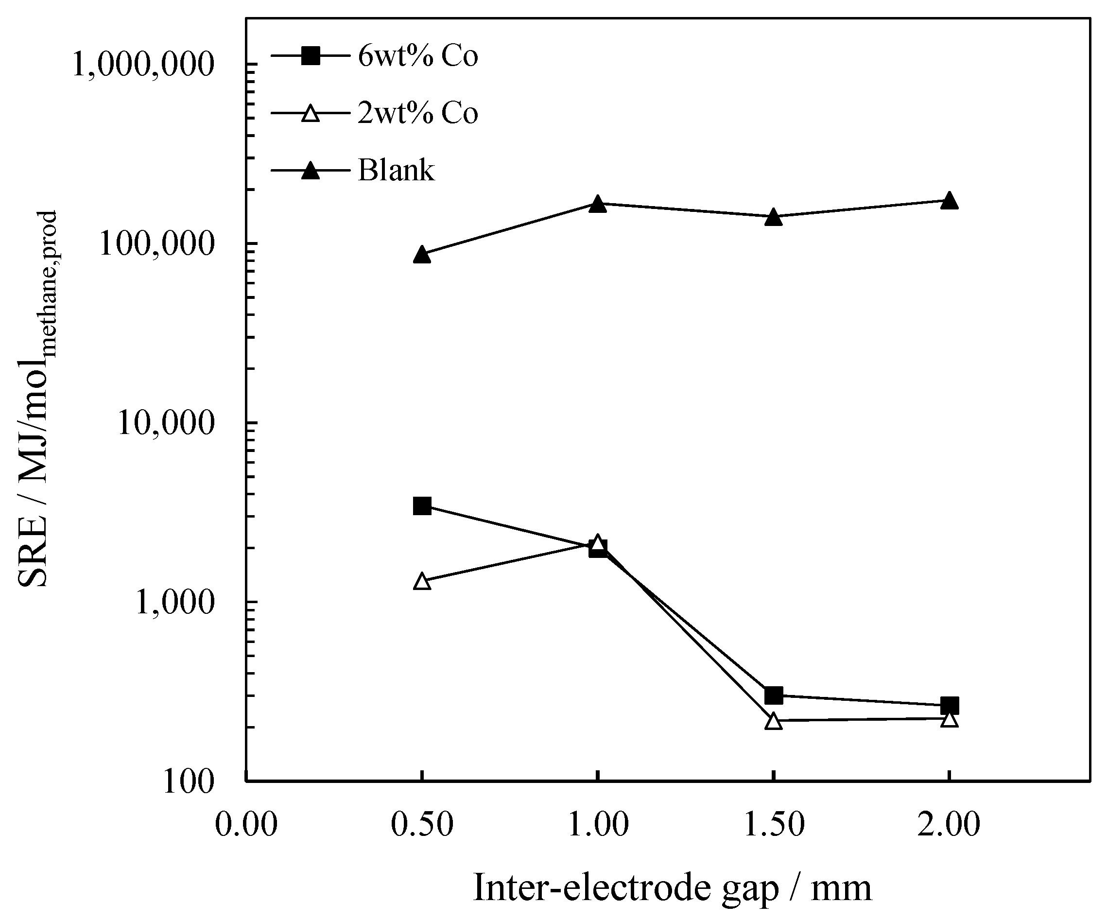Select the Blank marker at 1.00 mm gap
coord(597,204)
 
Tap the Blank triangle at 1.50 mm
coord(773,217)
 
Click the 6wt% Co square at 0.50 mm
coord(422,506)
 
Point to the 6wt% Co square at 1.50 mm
coord(773,695)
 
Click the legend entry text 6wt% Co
coord(417,56)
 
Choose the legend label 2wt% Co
coord(417,113)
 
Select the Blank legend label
coord(397,170)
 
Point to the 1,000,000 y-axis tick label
coord(143,65)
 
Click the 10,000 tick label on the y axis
coord(167,423)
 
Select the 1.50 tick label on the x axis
coord(773,824)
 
